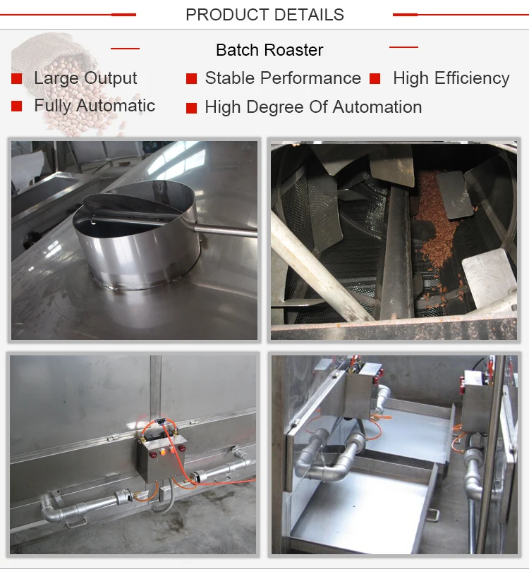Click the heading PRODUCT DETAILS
click(264, 15)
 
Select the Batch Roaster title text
click(269, 50)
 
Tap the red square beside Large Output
click(17, 78)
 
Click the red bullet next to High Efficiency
click(375, 78)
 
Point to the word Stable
click(230, 78)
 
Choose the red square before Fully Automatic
click(17, 106)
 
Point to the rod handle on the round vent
click(226, 231)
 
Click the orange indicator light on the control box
click(162, 452)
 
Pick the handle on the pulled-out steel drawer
click(433, 515)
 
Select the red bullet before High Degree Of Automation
click(191, 108)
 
